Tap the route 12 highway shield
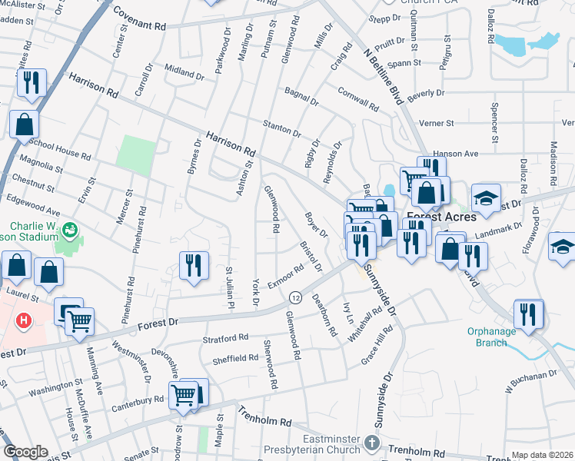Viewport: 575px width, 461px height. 294,297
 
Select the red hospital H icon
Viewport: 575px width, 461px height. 25,319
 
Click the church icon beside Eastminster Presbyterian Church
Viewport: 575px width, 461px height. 372,443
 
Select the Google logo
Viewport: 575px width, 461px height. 26,452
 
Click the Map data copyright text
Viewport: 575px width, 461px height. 542,455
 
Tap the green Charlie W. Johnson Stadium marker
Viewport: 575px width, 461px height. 69,229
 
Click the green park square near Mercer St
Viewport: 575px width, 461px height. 135,154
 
